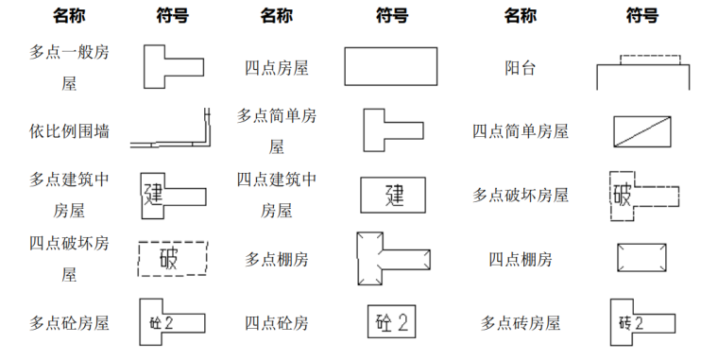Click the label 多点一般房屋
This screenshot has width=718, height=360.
tap(69, 67)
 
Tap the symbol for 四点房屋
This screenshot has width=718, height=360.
tap(390, 67)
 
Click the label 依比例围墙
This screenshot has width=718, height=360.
tap(69, 130)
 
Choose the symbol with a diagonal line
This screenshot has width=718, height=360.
tap(641, 131)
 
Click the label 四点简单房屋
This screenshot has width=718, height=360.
tap(521, 131)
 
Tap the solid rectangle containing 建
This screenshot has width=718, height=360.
tap(393, 195)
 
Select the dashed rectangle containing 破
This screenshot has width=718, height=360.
tap(172, 258)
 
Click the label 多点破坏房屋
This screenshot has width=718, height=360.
tap(521, 195)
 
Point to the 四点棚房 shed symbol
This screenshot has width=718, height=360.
tap(641, 258)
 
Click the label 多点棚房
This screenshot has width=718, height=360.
tap(277, 258)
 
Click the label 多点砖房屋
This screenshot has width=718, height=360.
tap(521, 322)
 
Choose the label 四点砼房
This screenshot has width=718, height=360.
tap(277, 322)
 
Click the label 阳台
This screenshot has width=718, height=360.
tap(521, 68)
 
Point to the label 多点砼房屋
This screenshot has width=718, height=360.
tap(69, 322)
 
